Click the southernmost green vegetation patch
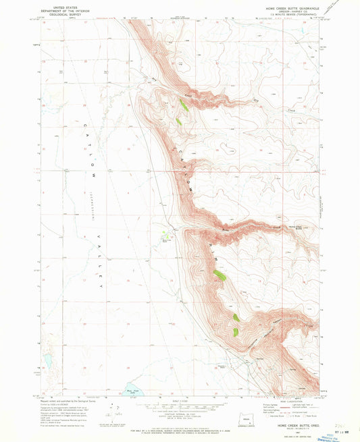[235, 332]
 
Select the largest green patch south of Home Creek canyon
[220, 275]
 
